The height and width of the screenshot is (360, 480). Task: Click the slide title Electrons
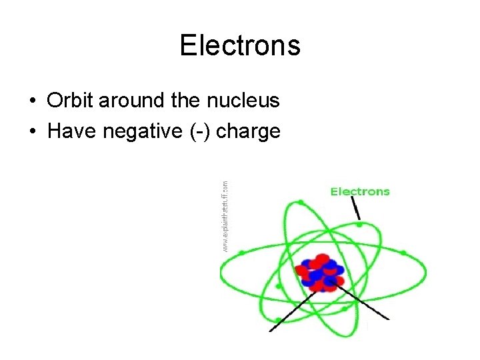[240, 46]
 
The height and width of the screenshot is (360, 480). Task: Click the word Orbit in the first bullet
[70, 101]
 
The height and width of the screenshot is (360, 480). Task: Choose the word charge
[248, 132]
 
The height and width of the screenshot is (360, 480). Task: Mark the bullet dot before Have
[33, 132]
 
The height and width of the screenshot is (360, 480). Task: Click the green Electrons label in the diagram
[360, 192]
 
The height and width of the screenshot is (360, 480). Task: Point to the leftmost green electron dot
[242, 253]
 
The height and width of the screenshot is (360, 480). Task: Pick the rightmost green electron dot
[403, 253]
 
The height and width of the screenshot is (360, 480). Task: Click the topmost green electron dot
[301, 202]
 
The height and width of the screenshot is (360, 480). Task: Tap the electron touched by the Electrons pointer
[359, 225]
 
